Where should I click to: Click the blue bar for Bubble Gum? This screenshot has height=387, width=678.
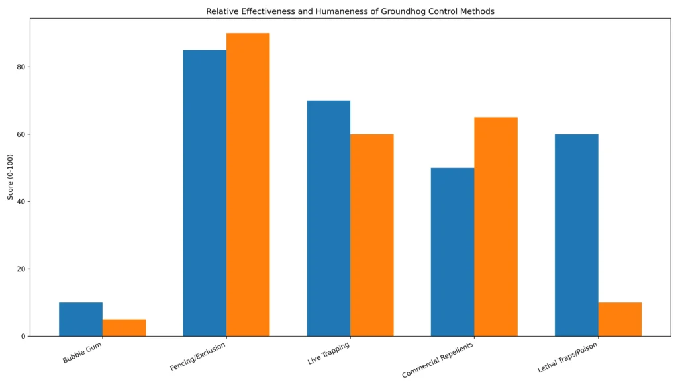tap(81, 320)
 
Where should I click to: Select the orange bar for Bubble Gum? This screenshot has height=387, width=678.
tap(124, 328)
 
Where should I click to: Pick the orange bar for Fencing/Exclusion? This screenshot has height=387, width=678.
tap(248, 185)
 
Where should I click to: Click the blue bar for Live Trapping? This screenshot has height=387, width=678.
tap(328, 218)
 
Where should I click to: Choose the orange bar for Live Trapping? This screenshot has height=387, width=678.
tap(371, 235)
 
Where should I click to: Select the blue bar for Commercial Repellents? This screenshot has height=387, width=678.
tap(452, 252)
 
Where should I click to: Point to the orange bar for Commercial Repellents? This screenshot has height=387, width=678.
tap(495, 227)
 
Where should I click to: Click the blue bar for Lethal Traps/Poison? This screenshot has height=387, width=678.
tap(576, 235)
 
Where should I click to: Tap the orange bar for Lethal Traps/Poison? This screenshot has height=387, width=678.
tap(619, 320)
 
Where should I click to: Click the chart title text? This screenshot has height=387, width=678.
tap(350, 11)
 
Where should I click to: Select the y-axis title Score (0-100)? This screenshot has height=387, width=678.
tap(10, 177)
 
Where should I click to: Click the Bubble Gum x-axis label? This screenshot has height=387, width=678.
tap(83, 352)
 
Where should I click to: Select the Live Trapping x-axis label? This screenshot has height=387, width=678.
tap(328, 353)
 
